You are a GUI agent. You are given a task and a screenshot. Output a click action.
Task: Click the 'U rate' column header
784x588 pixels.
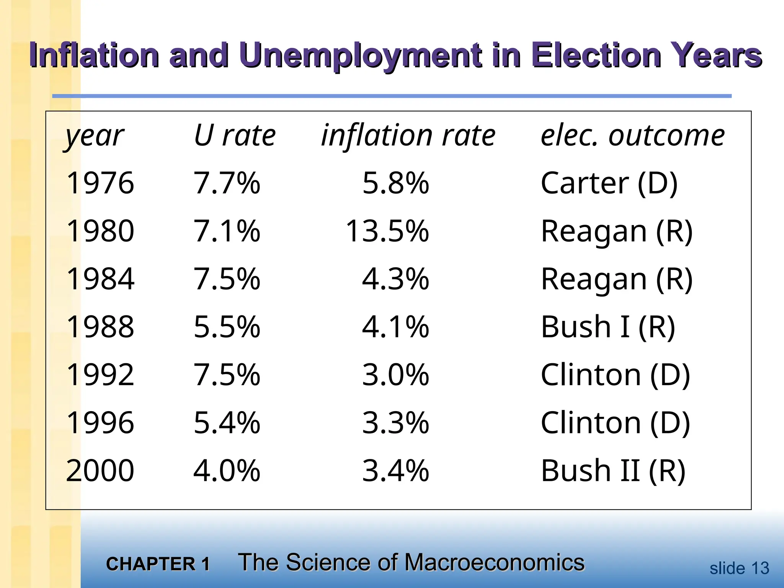click(x=235, y=136)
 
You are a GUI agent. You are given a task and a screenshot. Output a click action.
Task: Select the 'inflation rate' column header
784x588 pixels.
click(x=408, y=136)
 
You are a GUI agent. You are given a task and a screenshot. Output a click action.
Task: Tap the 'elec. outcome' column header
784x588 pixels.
click(x=632, y=136)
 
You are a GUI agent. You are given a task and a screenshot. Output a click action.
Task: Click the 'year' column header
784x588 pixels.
click(x=95, y=136)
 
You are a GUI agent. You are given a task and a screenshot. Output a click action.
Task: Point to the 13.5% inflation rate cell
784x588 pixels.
click(x=387, y=231)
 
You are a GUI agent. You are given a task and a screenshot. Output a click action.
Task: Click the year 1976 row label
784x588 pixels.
click(x=100, y=183)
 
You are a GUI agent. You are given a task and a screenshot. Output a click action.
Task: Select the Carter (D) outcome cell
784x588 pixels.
click(x=609, y=183)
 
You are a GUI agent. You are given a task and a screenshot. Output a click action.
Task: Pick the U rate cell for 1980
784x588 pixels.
click(x=227, y=231)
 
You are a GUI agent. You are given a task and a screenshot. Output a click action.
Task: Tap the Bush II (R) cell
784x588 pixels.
click(x=613, y=470)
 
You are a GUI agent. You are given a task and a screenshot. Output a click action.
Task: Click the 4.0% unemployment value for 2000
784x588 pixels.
click(x=227, y=470)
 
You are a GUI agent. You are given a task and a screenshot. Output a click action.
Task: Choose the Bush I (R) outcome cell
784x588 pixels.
click(x=608, y=327)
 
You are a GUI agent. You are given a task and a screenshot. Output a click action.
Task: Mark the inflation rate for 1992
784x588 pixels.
click(x=395, y=375)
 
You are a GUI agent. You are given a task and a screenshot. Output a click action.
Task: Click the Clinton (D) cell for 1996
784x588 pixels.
click(x=615, y=423)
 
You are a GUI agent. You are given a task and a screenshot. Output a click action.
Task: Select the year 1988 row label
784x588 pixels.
click(x=100, y=327)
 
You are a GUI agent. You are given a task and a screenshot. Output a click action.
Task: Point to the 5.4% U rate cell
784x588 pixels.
click(x=227, y=423)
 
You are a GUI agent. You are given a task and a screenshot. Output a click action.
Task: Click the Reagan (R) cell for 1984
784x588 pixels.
click(x=617, y=279)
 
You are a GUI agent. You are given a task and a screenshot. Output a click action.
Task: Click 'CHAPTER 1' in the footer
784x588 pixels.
click(x=158, y=564)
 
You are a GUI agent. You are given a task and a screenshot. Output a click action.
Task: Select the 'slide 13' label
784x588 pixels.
click(x=739, y=568)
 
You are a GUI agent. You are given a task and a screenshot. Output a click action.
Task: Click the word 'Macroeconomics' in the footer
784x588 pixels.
click(x=494, y=562)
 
